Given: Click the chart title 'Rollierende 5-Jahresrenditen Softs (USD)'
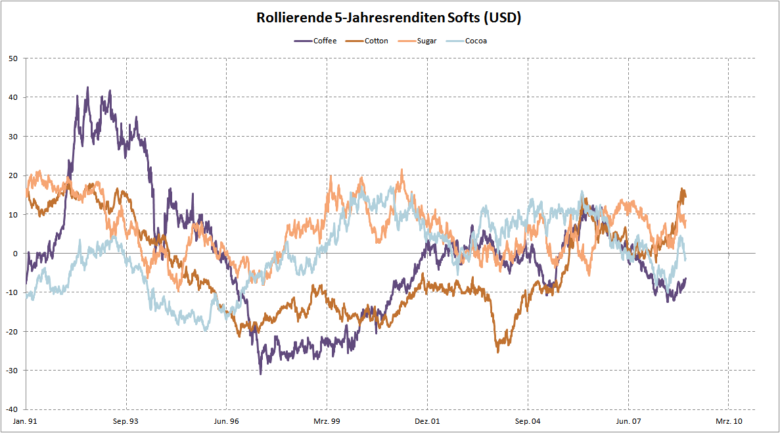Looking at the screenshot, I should click(x=390, y=18).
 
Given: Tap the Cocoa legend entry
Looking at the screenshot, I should click(x=476, y=41).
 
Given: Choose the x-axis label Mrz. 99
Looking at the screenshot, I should click(x=327, y=421).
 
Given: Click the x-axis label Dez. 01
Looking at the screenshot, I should click(x=427, y=421).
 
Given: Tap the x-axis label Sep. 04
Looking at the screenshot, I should click(x=528, y=421).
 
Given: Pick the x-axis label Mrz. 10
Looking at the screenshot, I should click(x=729, y=421).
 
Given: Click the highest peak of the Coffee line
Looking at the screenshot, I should click(x=87, y=87).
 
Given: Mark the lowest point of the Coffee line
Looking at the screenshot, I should click(x=260, y=374).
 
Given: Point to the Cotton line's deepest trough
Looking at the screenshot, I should click(x=497, y=352).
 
